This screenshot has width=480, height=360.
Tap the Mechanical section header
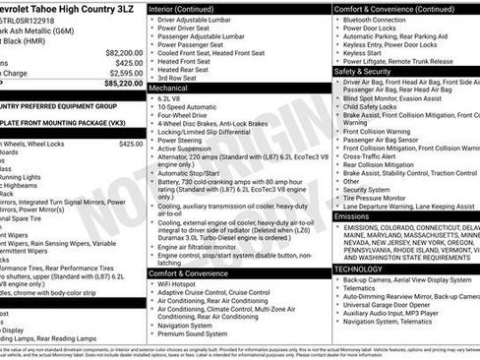point(172,88)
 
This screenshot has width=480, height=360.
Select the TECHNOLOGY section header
point(357,268)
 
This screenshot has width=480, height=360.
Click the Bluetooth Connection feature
point(374,20)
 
